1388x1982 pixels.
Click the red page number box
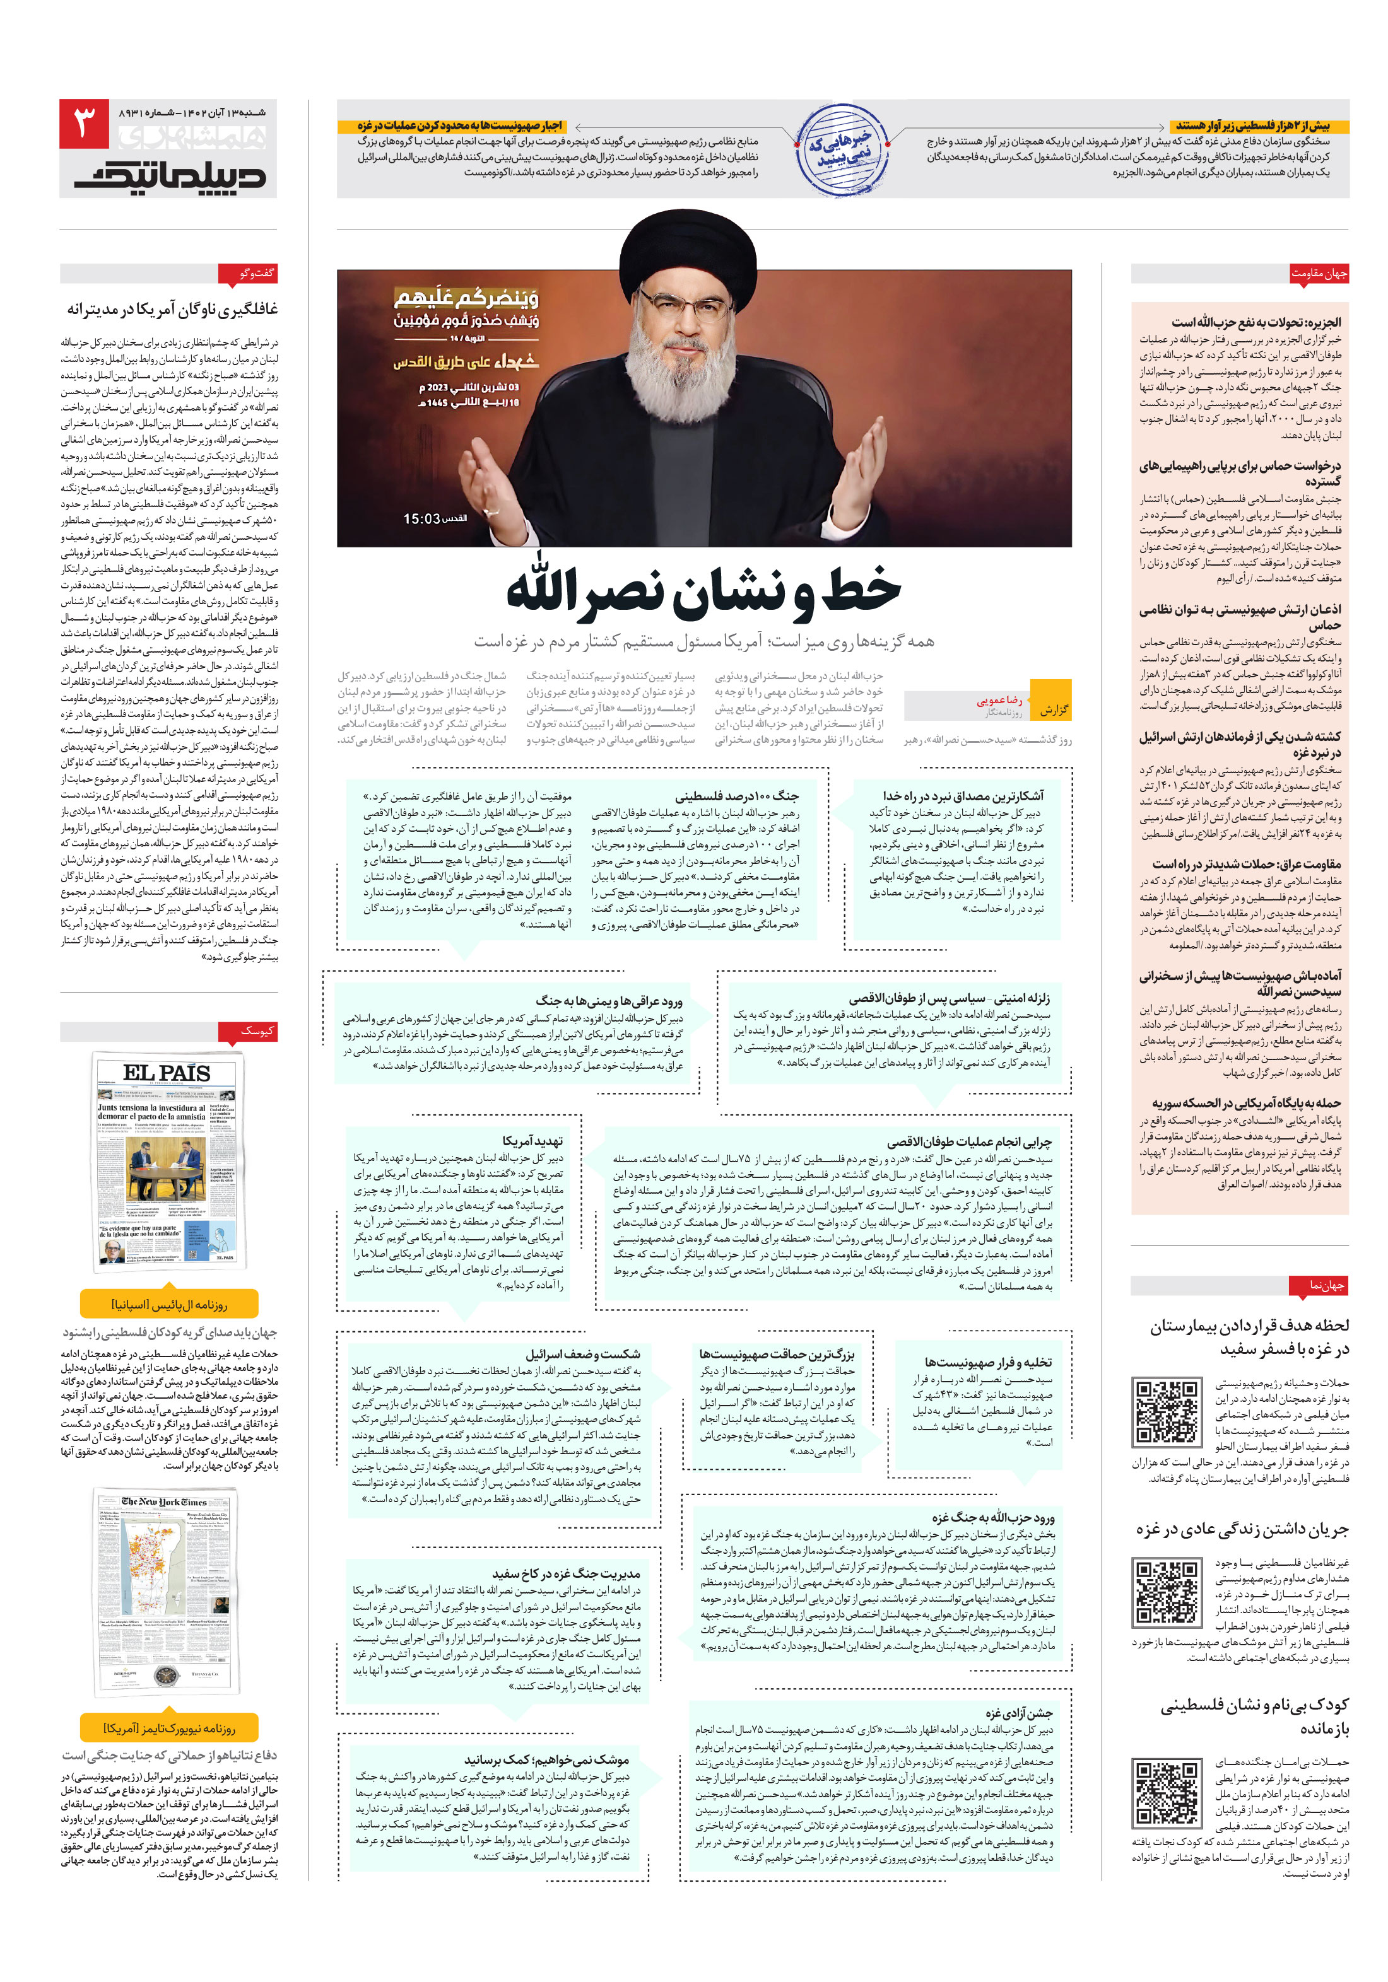pos(84,124)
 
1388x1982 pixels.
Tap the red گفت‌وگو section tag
pos(257,274)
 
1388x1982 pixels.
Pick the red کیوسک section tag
pos(257,1030)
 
